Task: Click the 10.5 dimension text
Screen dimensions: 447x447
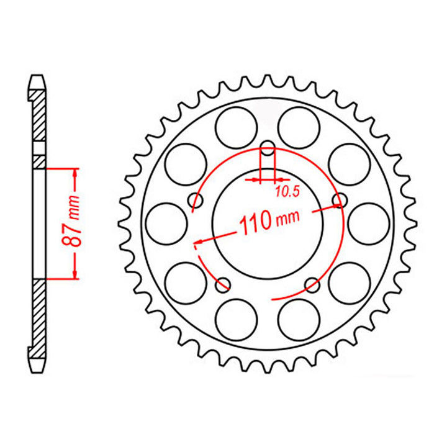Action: click(x=287, y=192)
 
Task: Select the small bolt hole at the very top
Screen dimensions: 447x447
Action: click(x=267, y=148)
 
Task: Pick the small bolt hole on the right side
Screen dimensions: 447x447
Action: click(x=339, y=199)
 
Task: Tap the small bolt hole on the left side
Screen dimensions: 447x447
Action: click(x=197, y=201)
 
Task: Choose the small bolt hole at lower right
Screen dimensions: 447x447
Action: click(x=312, y=285)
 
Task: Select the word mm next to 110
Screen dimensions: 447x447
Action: click(x=287, y=217)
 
